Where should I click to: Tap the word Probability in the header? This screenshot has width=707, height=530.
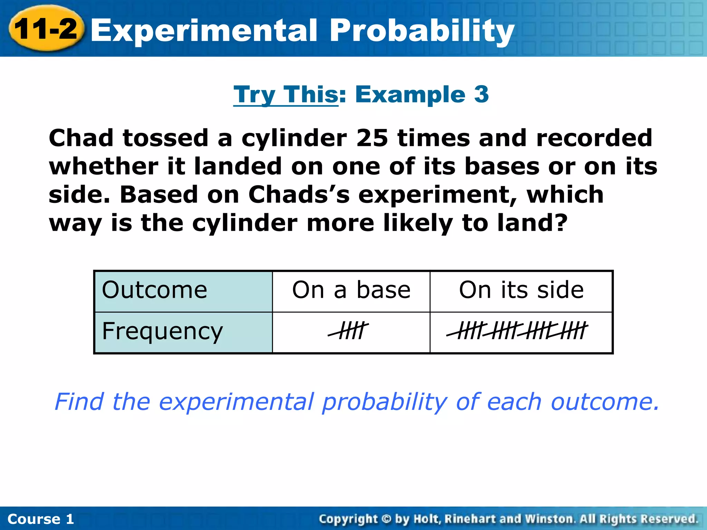click(422, 31)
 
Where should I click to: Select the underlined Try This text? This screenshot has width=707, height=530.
click(286, 95)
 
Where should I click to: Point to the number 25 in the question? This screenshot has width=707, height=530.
click(372, 138)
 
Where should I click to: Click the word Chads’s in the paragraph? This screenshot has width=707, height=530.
click(299, 195)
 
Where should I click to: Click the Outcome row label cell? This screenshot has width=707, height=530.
click(183, 291)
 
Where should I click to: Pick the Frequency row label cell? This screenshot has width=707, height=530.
click(183, 332)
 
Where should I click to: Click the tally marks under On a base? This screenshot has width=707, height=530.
click(349, 331)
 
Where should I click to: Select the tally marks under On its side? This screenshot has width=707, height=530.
click(517, 331)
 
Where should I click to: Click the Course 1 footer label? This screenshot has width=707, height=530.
click(41, 519)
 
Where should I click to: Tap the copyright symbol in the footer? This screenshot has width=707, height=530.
click(386, 519)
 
